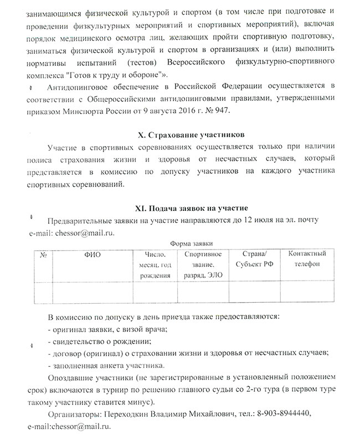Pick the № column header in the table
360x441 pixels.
point(43,255)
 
